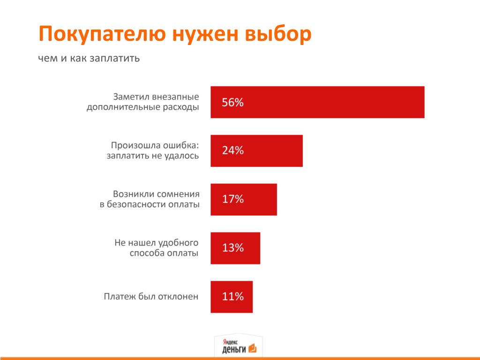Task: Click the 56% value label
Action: point(232,102)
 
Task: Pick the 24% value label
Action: point(232,150)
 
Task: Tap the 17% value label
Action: point(232,199)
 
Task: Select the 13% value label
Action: point(232,248)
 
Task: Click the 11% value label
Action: point(232,297)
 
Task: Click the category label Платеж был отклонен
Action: point(151,297)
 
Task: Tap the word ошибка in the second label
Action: point(180,145)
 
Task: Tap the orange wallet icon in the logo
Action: point(252,348)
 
